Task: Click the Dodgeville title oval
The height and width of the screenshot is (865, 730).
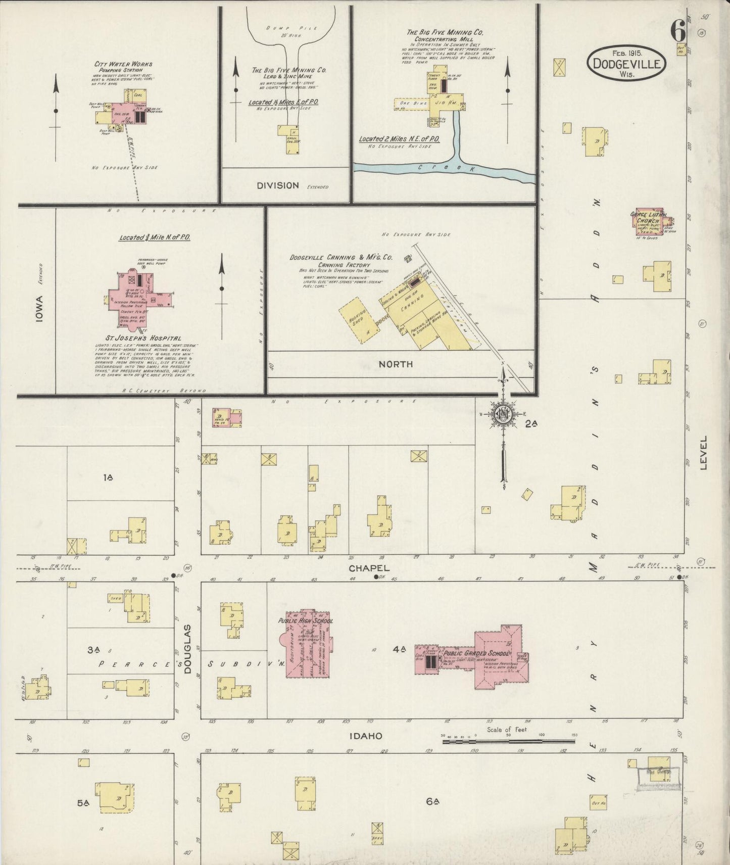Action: [x=626, y=63]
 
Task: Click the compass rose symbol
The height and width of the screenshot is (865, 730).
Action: [x=504, y=414]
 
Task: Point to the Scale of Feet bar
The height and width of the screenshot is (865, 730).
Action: [x=508, y=742]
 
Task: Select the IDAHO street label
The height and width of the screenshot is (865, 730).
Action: [x=365, y=736]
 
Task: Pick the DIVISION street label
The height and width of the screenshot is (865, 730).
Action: [x=277, y=185]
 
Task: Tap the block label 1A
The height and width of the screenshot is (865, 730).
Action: [x=108, y=477]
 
